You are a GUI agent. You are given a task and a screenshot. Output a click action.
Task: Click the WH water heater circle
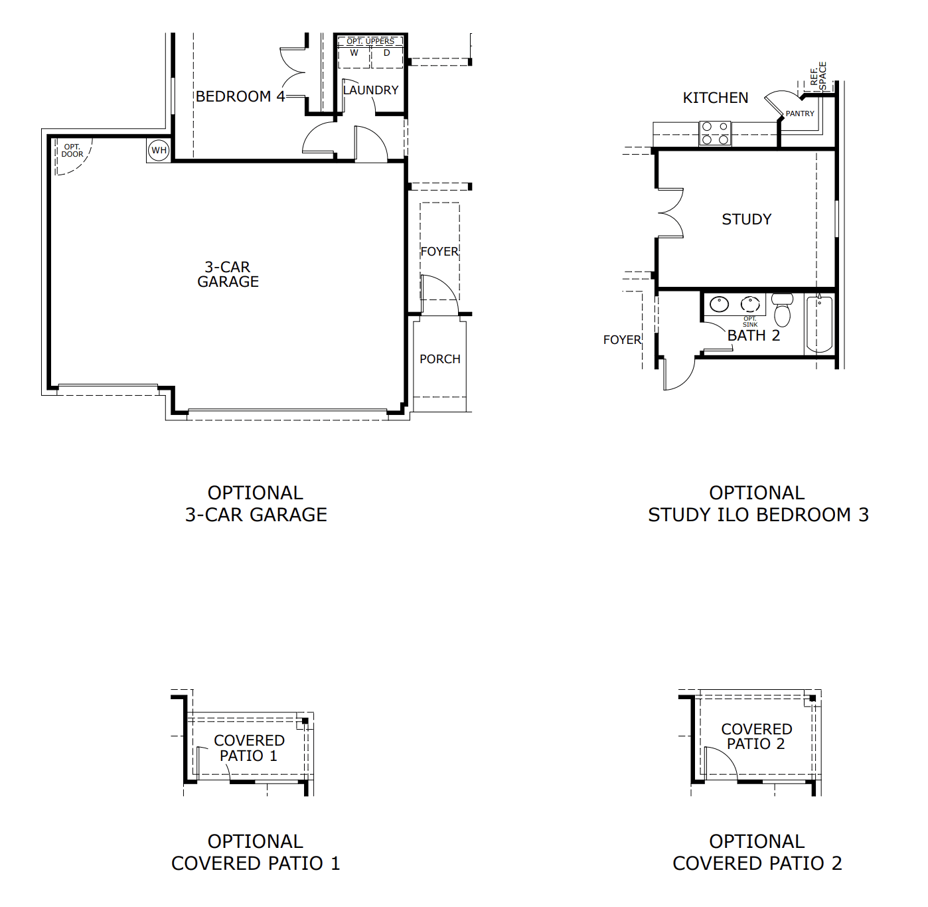tap(159, 150)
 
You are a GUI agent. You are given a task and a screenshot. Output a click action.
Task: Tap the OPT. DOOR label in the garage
tap(72, 151)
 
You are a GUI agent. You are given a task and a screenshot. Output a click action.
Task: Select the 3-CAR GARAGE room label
tap(228, 274)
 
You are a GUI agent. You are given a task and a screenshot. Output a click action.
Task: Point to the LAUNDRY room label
tap(370, 90)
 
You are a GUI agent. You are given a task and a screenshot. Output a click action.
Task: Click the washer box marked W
tap(354, 57)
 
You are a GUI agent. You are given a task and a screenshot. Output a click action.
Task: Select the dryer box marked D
tap(386, 57)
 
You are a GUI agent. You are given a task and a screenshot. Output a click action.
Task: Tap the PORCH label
tap(439, 359)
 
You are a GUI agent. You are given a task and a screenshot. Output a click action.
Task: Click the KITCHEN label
tap(716, 98)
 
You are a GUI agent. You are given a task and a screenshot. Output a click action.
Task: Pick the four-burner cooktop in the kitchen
tap(716, 133)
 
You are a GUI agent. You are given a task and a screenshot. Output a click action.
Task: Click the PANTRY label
tap(799, 114)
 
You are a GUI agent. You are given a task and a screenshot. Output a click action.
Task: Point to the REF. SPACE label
tap(818, 76)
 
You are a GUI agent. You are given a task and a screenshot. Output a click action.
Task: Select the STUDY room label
tap(747, 220)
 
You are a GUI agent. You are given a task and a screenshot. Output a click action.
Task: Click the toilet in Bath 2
tap(783, 311)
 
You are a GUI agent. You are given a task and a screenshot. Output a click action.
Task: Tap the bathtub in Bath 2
tap(819, 325)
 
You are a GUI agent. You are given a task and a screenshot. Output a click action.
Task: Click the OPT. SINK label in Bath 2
tap(750, 321)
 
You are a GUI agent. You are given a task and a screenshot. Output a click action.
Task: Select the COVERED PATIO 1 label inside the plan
tap(249, 748)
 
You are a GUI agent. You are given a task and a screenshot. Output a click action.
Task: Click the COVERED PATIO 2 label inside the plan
tap(756, 737)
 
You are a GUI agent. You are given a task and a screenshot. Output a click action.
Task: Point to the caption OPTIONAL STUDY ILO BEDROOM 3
tap(757, 504)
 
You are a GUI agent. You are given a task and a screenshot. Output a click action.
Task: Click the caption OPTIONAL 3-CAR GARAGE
tap(256, 504)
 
